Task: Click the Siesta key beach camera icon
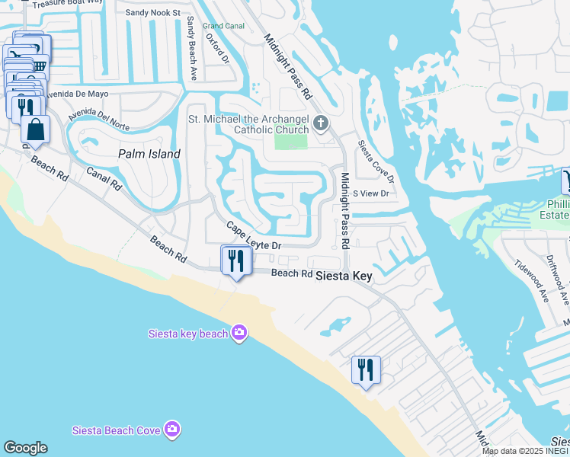(239, 332)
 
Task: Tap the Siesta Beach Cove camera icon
(172, 430)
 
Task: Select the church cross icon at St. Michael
(322, 123)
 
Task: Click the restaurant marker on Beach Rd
(236, 261)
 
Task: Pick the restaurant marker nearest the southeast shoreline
(367, 370)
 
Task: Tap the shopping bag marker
(35, 130)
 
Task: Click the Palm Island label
(149, 154)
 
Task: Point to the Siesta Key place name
(344, 276)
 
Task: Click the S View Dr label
(370, 193)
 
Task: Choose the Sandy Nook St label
(152, 13)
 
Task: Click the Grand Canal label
(223, 25)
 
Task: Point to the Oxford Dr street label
(216, 49)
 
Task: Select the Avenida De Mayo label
(75, 94)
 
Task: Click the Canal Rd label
(104, 178)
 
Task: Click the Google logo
(25, 448)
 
